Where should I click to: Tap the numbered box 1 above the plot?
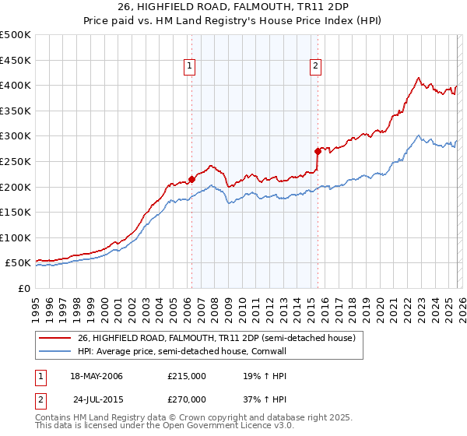191,67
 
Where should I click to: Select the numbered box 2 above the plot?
316,67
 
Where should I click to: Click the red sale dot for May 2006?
191,179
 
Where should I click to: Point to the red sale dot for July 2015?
318,151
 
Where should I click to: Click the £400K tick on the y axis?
16,85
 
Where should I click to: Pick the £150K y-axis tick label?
16,212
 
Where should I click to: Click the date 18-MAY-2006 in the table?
97,376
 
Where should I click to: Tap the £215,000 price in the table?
187,376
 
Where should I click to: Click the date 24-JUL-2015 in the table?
97,399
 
